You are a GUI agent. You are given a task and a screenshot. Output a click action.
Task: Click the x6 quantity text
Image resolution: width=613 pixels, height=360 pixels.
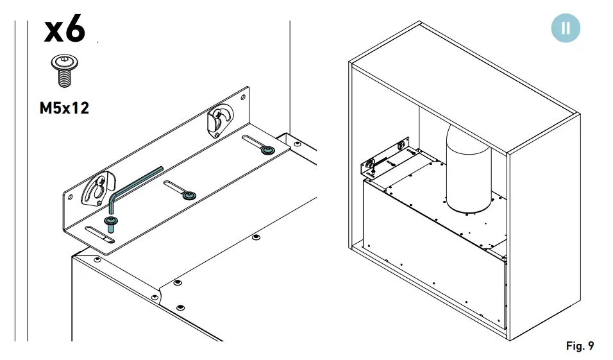click(64, 30)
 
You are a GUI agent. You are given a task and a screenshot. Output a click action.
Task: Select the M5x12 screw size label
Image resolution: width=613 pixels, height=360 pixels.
click(64, 108)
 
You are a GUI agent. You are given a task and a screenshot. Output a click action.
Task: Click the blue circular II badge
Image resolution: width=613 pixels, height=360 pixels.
click(565, 28)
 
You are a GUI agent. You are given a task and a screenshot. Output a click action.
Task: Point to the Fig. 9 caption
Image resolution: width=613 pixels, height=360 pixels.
click(580, 346)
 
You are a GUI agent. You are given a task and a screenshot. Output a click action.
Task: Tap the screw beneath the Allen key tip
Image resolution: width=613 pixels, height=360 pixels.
click(112, 224)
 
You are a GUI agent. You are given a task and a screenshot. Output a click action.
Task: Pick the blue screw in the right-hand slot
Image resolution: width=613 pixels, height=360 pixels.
click(266, 150)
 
